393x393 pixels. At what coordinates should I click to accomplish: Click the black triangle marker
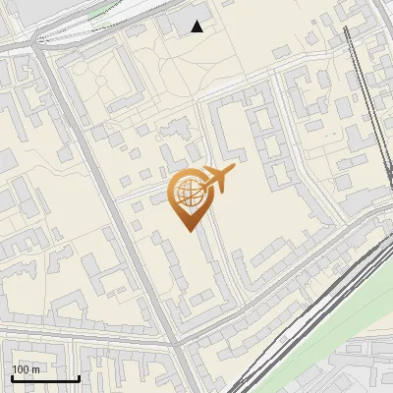[x=197, y=27]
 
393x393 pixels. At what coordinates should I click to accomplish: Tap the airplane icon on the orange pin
[x=217, y=179]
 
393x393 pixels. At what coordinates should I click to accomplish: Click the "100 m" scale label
[x=26, y=369]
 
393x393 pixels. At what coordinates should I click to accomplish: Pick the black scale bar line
[x=44, y=378]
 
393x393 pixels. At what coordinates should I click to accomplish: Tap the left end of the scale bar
[x=11, y=378]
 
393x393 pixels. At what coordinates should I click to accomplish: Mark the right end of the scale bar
[x=79, y=378]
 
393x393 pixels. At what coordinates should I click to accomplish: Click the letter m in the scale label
[x=35, y=369]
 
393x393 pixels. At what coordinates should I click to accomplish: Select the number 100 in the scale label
[x=21, y=369]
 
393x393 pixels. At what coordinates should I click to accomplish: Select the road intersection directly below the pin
[x=179, y=346]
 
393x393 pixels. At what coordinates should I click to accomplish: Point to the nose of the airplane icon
[x=234, y=171]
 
